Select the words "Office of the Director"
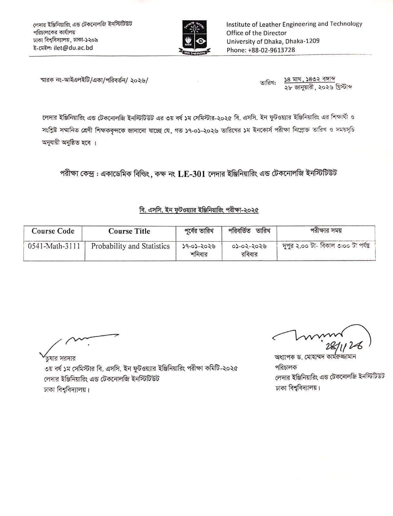[x=256, y=33]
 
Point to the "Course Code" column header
[x=53, y=231]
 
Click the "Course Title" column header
[x=129, y=231]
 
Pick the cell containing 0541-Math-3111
[x=54, y=246]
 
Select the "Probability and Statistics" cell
[x=130, y=246]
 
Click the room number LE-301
[x=191, y=174]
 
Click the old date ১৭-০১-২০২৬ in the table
[x=199, y=246]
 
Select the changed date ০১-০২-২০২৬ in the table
[x=249, y=246]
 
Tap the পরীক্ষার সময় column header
[x=326, y=231]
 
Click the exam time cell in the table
[x=326, y=246]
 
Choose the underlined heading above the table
[x=199, y=210]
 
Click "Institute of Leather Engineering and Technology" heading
[x=294, y=24]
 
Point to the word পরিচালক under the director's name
[x=286, y=367]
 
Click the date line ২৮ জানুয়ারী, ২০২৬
[x=318, y=87]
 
